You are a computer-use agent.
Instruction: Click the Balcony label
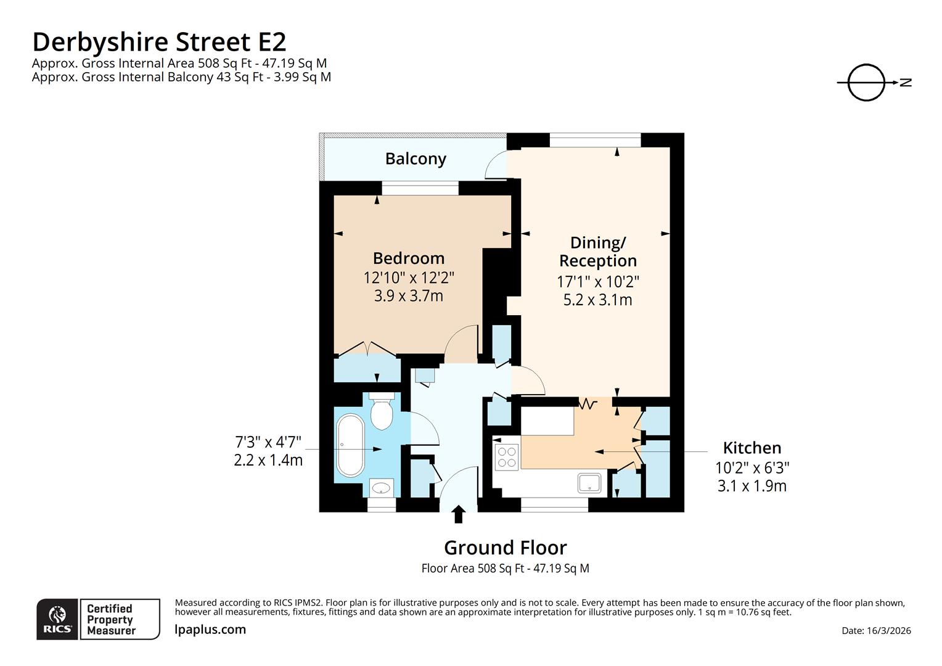416,159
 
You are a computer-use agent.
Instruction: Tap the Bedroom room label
408,258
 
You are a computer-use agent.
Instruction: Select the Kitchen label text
752,448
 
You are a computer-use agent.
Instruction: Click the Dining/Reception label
597,252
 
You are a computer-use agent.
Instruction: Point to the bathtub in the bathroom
350,445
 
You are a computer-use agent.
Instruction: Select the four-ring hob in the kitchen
507,457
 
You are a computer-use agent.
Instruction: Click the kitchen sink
589,482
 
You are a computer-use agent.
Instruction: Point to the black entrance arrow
458,514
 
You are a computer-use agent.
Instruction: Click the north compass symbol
867,82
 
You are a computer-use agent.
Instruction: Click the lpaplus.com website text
210,630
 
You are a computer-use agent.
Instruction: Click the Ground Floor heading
505,548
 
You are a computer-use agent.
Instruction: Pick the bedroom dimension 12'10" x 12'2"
408,277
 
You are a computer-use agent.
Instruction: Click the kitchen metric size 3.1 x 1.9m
752,487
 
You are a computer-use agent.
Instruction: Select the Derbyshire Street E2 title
159,42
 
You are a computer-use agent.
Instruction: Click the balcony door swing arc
495,165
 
